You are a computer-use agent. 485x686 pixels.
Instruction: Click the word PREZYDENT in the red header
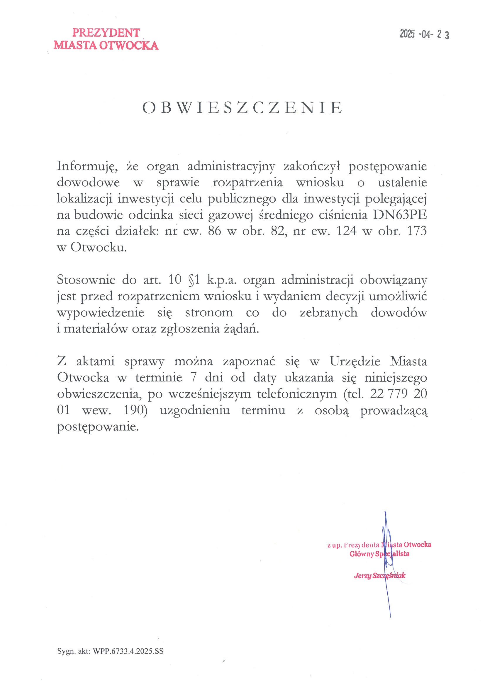coord(106,33)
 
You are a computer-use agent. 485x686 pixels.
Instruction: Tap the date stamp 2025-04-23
coord(424,35)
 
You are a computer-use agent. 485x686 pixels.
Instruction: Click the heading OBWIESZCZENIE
coord(242,108)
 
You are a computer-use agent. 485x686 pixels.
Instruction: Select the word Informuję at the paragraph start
coord(87,166)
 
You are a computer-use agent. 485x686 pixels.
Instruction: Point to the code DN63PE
coord(400,215)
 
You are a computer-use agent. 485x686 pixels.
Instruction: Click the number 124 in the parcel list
coord(346,231)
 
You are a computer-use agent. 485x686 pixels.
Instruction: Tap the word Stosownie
coord(86,280)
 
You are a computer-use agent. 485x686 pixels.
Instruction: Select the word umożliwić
coord(398,296)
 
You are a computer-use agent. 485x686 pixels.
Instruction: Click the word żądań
coord(241,329)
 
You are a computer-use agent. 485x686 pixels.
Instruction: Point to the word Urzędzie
coord(355,361)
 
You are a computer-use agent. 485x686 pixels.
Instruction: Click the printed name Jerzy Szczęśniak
coord(379,575)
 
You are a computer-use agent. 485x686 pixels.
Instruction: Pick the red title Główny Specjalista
coord(379,554)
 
